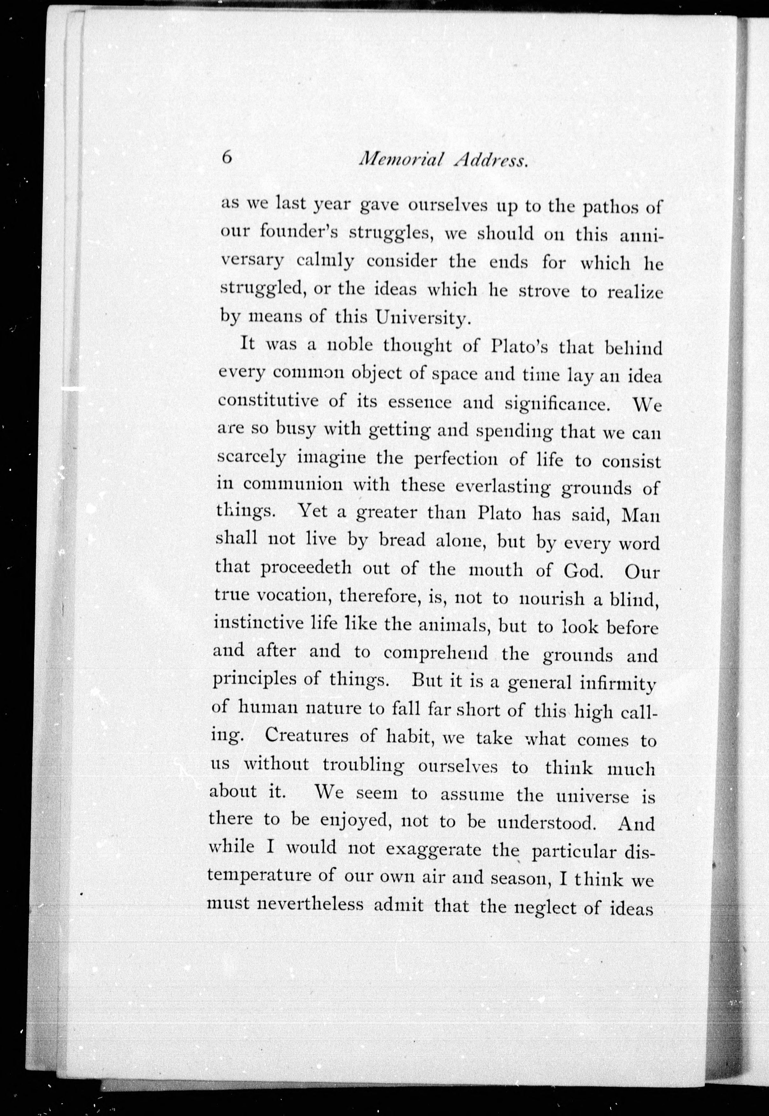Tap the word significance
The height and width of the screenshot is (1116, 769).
click(557, 404)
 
